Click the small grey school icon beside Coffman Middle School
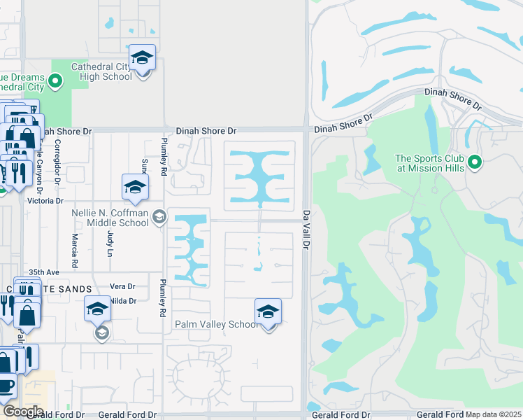tap(159, 218)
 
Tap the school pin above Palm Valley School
tap(268, 312)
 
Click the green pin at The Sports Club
tap(475, 163)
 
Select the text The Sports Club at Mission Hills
tap(429, 163)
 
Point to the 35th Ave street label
tap(43, 272)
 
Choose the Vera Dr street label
tap(122, 287)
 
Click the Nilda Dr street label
tap(122, 301)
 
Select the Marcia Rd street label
tap(74, 245)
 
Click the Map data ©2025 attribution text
tap(494, 414)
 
